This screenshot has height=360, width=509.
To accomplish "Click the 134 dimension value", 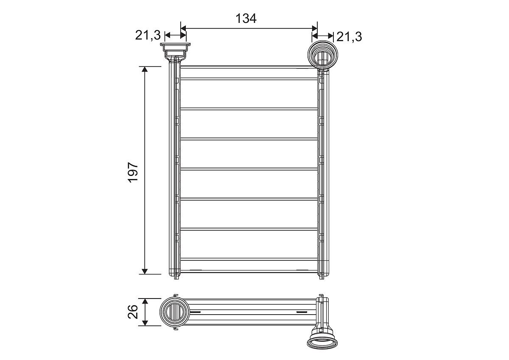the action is point(246,18).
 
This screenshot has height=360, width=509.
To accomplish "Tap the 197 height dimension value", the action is point(133,172).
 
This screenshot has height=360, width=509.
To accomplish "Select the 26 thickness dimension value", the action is point(133,312).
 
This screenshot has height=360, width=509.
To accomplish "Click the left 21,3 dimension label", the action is point(148,36).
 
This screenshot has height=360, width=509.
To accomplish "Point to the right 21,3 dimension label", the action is point(349,37).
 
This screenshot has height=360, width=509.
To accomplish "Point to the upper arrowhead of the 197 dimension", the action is point(145,69).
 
